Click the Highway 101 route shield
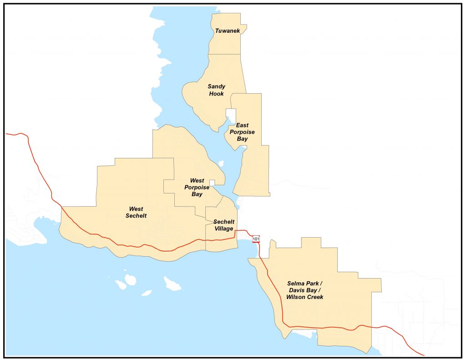[256, 238]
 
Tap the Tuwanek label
[228, 31]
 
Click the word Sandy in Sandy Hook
[217, 86]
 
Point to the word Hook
[217, 94]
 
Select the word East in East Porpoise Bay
[242, 125]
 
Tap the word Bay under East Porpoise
[242, 139]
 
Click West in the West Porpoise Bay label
[197, 181]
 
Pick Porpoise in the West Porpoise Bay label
[197, 188]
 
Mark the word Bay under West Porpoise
[197, 194]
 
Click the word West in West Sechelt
[136, 209]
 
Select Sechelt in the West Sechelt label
[136, 216]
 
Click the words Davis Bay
[304, 290]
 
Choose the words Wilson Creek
[304, 297]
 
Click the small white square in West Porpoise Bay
[212, 183]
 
